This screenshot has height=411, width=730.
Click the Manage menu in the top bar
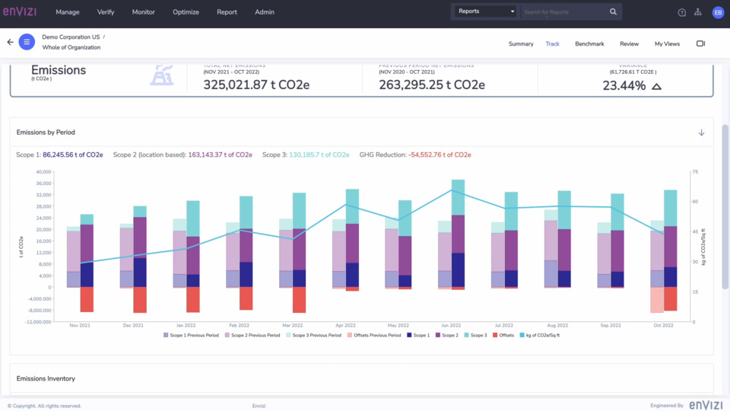[x=68, y=12]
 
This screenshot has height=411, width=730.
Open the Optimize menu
[x=186, y=12]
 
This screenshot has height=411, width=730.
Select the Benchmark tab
[x=589, y=44]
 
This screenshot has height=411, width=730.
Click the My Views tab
[x=667, y=44]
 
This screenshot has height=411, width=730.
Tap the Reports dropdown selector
[x=485, y=11]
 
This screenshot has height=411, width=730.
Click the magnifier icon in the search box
[x=613, y=11]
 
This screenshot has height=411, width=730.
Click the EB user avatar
[x=717, y=12]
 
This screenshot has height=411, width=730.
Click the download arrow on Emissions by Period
[x=701, y=132]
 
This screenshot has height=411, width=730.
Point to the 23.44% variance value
[x=624, y=86]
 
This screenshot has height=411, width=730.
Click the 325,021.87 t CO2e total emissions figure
[x=256, y=85]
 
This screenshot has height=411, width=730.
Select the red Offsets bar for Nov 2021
[x=87, y=299]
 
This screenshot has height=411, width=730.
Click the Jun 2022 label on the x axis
[x=451, y=325]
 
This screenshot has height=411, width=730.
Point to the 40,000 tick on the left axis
[x=43, y=172]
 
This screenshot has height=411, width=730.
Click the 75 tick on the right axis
[x=694, y=172]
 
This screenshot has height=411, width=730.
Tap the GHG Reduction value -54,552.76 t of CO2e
[x=440, y=155]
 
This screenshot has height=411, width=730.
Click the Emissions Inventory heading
[x=46, y=378]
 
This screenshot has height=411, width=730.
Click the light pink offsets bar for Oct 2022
[x=657, y=300]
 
